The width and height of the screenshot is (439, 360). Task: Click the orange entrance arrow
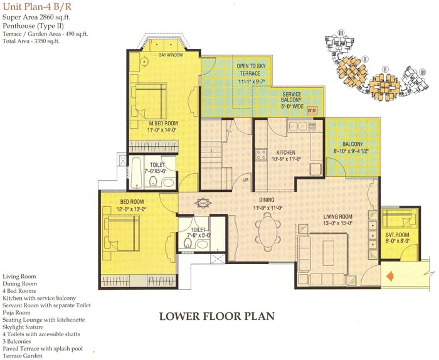(389, 276)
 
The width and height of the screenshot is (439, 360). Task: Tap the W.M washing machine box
(312, 110)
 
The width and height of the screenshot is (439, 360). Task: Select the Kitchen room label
(285, 152)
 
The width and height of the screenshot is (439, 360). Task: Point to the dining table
(268, 232)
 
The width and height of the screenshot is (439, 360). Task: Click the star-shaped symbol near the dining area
(203, 203)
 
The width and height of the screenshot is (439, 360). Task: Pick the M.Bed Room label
(163, 123)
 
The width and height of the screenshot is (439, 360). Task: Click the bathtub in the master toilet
(136, 172)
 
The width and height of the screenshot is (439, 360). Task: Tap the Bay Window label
(171, 55)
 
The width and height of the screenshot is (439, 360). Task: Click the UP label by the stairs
(246, 180)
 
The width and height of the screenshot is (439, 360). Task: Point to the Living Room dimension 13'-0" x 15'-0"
(337, 223)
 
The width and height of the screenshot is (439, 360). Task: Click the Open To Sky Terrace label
(251, 70)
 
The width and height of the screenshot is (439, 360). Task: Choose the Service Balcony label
(292, 97)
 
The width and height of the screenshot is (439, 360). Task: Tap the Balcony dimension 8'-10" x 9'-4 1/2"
(351, 151)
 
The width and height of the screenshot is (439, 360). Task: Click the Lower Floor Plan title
(217, 316)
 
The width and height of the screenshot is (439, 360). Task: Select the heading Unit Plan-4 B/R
(37, 6)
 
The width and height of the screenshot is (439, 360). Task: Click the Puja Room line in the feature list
(16, 312)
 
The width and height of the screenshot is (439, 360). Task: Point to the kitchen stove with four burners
(262, 154)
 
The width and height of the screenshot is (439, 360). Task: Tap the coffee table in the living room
(329, 253)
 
